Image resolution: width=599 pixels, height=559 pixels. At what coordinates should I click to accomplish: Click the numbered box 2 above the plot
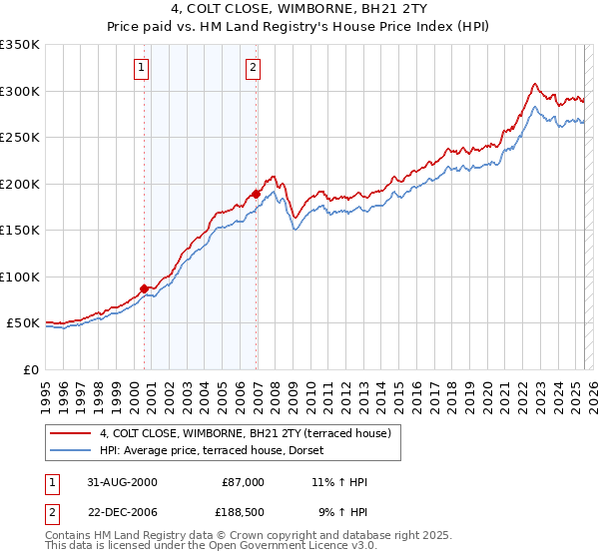254,68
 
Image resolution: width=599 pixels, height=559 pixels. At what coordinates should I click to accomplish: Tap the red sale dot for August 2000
145,288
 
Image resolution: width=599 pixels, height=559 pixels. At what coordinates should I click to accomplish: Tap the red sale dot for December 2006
257,195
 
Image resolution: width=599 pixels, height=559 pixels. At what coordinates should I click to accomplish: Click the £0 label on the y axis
30,369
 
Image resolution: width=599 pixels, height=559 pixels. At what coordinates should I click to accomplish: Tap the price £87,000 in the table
242,482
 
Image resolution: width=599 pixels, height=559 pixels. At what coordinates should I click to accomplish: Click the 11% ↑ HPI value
340,482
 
